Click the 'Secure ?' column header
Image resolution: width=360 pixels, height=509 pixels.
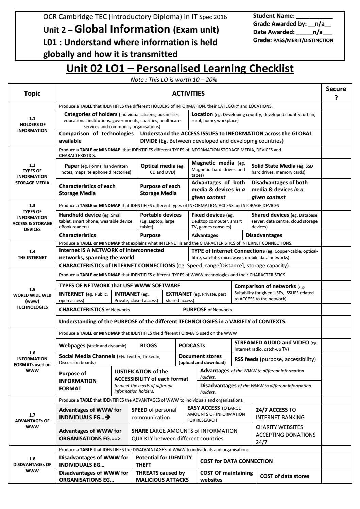[x=336, y=93]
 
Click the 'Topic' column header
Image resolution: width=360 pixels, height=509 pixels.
[x=32, y=93]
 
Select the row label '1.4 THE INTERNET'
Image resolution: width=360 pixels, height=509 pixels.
[x=32, y=254]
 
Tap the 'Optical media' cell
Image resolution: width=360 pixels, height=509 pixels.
[x=162, y=169]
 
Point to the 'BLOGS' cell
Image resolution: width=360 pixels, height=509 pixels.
[x=149, y=345]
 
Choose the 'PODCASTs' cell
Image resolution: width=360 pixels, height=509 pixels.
[x=192, y=345]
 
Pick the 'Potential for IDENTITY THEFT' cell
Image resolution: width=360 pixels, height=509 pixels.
[x=164, y=461]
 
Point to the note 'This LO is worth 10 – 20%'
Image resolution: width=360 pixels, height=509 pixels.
[x=174, y=79]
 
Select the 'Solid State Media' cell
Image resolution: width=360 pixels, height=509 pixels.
[x=284, y=169]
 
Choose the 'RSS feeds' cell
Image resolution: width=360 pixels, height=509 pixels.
[x=275, y=359]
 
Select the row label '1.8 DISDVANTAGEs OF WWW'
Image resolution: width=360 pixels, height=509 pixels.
[x=32, y=464]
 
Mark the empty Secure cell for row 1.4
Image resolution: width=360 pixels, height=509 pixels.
[x=336, y=254]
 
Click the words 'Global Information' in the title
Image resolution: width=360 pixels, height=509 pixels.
[x=122, y=29]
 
